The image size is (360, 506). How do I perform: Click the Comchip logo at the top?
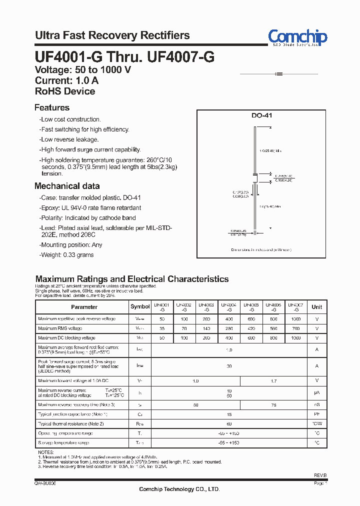[297, 37]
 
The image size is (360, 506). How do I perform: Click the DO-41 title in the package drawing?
[261, 115]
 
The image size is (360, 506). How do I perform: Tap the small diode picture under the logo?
[278, 74]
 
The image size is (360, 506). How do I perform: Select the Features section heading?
[52, 107]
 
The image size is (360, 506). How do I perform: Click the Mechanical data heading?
[67, 186]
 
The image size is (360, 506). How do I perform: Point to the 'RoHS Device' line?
[65, 91]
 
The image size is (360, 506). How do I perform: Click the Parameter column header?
[84, 307]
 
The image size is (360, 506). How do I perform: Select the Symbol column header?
[140, 307]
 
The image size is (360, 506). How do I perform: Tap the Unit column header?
[316, 307]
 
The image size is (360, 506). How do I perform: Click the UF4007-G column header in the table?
[296, 307]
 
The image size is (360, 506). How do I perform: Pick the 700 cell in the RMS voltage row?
[296, 328]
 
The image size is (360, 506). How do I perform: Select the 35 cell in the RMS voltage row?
[161, 328]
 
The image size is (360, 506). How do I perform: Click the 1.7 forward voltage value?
[273, 381]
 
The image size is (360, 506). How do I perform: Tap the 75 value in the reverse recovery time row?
[273, 404]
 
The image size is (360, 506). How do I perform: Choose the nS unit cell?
[316, 404]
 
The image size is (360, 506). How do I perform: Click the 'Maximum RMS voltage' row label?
[60, 328]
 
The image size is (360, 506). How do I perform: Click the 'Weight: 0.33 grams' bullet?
[67, 255]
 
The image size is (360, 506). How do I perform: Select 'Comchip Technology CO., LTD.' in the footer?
[179, 489]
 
